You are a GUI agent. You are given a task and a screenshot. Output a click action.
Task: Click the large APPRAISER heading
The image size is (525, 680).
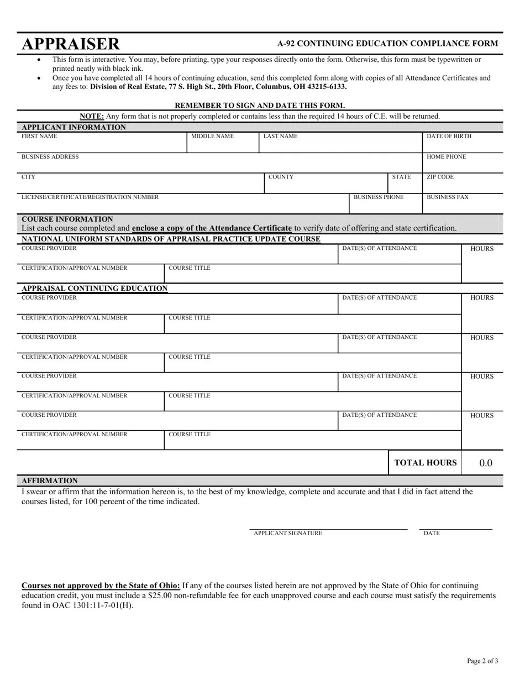point(70,44)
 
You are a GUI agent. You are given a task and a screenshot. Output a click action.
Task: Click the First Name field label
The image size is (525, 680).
point(39,136)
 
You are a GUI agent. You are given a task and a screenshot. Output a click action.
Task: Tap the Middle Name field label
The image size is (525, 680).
point(212,136)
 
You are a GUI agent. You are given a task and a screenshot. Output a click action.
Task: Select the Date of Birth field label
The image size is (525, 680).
point(449,136)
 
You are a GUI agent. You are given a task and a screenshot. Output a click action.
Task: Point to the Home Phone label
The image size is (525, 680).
point(446,157)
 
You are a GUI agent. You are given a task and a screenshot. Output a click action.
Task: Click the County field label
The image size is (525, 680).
point(281,177)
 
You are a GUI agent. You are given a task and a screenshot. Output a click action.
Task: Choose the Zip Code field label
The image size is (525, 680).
point(440,177)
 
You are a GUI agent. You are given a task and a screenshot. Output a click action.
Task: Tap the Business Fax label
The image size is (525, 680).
point(448,197)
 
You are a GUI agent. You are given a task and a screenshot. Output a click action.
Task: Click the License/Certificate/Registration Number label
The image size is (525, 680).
point(90,197)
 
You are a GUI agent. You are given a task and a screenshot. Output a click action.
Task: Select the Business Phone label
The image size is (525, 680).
point(379,197)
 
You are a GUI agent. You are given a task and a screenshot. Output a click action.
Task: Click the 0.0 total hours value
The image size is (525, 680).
point(486,463)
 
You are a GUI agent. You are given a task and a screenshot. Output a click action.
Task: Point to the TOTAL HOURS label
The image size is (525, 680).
point(426,463)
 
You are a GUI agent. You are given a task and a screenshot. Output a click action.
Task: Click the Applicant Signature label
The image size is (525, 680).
point(288,533)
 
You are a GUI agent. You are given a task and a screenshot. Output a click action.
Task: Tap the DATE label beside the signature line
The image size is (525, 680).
point(432,533)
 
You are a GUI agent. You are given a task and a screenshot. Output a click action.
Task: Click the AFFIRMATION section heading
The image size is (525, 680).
point(50,481)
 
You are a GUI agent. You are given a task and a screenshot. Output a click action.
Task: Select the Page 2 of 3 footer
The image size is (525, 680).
point(482,661)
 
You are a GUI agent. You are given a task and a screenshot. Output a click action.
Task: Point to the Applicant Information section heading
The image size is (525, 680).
point(73,127)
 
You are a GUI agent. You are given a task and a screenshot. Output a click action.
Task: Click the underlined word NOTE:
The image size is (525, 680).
point(92,116)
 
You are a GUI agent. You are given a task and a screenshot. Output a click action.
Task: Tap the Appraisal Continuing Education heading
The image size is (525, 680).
point(95,289)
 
